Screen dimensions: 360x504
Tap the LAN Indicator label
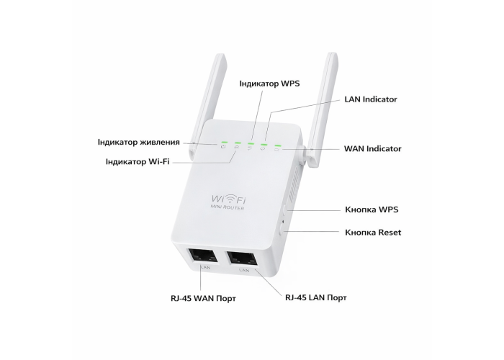[370, 99]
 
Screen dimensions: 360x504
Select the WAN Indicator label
[372, 148]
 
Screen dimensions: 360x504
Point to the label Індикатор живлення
[139, 142]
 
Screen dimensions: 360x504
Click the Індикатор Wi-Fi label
[137, 161]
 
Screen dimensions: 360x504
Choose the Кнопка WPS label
[372, 210]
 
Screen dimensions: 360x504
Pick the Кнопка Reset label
[373, 232]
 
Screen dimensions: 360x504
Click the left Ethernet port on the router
[203, 256]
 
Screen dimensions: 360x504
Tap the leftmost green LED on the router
[225, 142]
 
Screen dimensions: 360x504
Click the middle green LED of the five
[251, 145]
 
